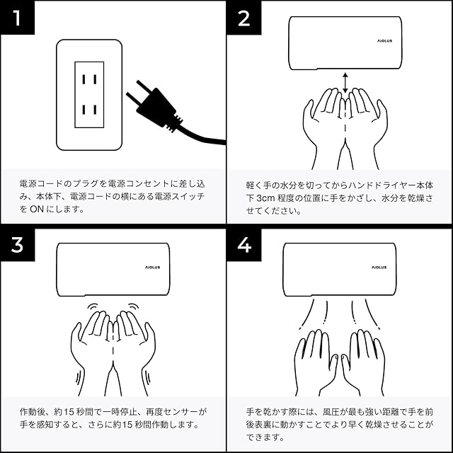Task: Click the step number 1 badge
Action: coord(17,17)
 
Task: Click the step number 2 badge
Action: coord(244,18)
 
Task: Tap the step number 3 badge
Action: coord(17,245)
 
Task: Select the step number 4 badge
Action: coord(244,245)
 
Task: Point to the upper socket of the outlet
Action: coord(89,79)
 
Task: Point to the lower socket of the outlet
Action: coord(89,110)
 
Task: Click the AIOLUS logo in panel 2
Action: coord(384,41)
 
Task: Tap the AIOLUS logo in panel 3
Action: coord(153,268)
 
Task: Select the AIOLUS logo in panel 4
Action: coord(379,268)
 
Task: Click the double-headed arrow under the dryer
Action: coord(345,83)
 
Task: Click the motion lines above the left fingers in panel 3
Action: coord(93,306)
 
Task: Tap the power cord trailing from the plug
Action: coord(202,137)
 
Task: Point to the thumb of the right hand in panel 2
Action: coord(382,113)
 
